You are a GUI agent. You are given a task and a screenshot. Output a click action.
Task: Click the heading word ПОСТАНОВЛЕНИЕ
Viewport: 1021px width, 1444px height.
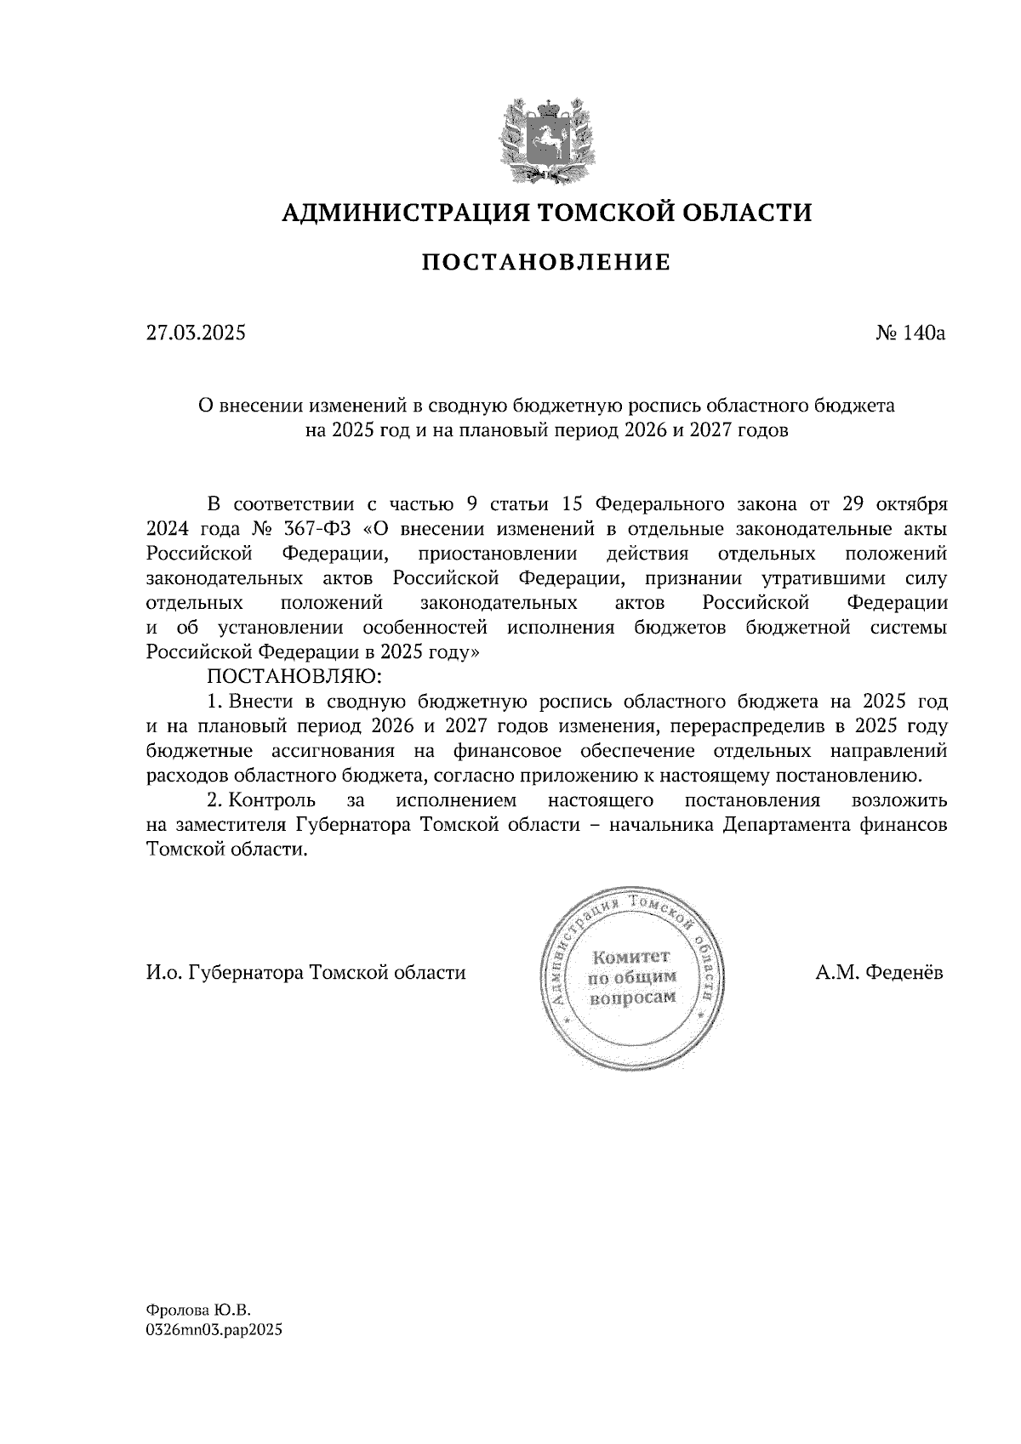pos(546,263)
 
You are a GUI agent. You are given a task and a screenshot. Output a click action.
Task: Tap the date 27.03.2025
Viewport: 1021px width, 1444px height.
pos(196,333)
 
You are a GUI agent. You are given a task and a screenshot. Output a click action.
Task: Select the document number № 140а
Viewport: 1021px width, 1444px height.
pos(910,333)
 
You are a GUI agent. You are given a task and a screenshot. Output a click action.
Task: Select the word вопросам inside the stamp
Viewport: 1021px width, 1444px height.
pos(632,998)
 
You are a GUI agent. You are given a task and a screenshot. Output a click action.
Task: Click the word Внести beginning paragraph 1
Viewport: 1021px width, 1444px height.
pos(261,702)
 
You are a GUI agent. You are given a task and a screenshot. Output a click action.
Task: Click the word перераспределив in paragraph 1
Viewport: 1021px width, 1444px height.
pos(749,727)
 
